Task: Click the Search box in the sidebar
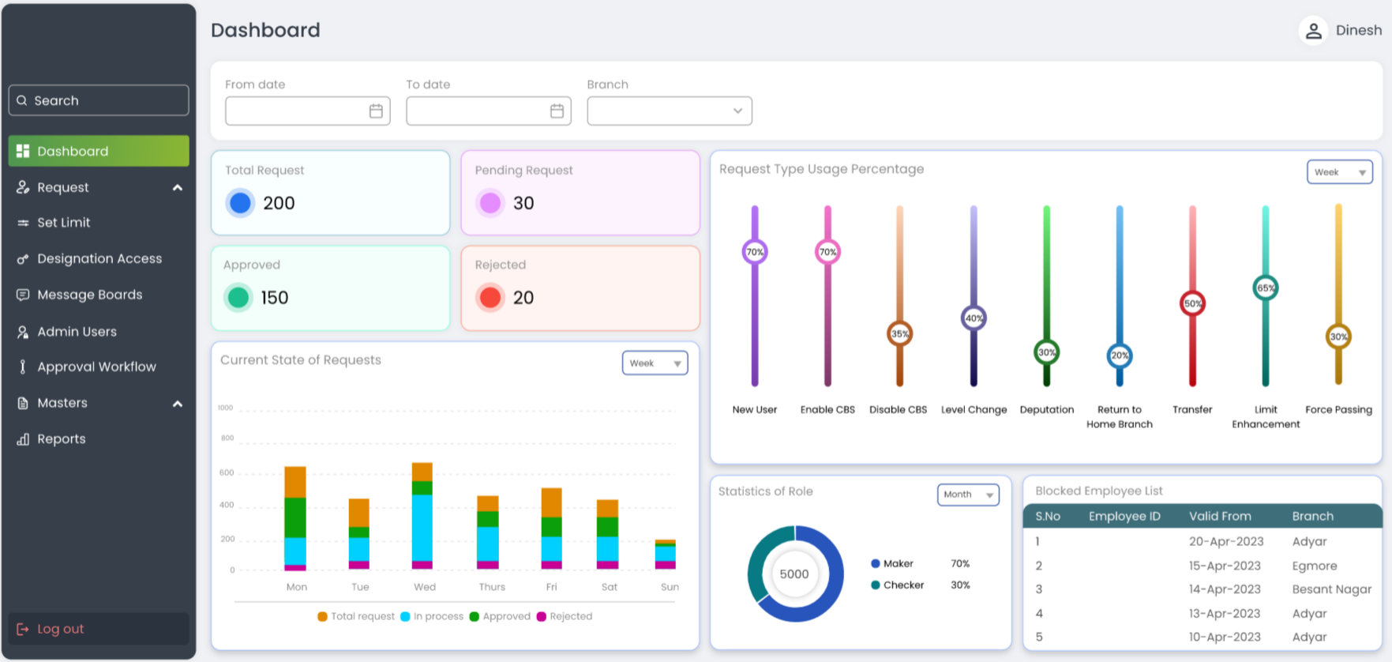99,100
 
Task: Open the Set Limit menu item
63,223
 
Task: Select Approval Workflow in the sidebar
96,367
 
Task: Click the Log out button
61,629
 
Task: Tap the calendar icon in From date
376,111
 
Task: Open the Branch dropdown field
669,111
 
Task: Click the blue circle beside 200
240,203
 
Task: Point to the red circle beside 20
490,298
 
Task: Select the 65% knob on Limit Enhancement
1265,288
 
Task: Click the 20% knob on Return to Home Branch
1119,355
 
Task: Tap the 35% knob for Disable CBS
899,333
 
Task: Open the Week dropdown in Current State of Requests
655,363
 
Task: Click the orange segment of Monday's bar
295,482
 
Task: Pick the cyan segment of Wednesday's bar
422,527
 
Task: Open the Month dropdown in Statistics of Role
967,495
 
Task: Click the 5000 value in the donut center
794,574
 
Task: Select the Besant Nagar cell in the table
1331,589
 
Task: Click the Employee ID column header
1124,517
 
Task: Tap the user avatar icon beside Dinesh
1313,31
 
